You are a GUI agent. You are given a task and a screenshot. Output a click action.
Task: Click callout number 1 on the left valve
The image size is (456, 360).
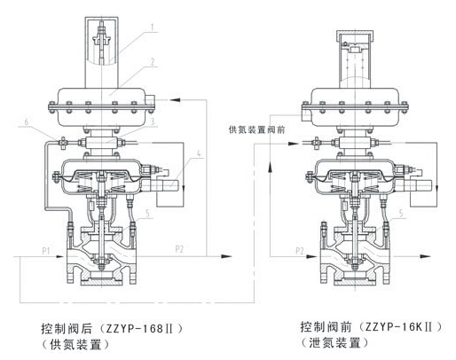(153, 27)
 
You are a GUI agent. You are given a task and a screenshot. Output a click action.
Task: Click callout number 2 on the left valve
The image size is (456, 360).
(153, 62)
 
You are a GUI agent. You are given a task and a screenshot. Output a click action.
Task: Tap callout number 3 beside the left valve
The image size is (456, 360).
(153, 121)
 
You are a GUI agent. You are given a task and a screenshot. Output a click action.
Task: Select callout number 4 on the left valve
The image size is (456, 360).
(199, 153)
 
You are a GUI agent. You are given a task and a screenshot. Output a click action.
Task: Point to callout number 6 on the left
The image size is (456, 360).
(27, 121)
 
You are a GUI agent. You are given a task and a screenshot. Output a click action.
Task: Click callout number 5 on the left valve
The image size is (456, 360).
(148, 213)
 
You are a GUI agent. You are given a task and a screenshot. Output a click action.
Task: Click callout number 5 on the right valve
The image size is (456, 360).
(401, 213)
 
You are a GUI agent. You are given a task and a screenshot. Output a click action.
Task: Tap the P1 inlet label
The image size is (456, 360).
(45, 251)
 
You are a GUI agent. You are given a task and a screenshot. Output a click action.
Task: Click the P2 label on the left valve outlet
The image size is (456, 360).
(179, 249)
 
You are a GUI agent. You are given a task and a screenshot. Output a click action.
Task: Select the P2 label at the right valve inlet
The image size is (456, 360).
(300, 251)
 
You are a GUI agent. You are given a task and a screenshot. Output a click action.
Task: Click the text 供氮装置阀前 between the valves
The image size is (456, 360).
(256, 129)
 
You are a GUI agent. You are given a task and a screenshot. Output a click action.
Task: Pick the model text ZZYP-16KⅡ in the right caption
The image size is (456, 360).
(399, 327)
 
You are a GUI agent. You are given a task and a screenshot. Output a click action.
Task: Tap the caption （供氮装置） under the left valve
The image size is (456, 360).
(75, 345)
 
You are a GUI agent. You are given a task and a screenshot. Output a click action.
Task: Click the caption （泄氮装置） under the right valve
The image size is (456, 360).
(334, 343)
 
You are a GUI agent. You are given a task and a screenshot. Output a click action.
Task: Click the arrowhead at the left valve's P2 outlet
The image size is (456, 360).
(226, 256)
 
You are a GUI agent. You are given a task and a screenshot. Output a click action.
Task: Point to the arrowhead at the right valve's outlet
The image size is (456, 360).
(425, 256)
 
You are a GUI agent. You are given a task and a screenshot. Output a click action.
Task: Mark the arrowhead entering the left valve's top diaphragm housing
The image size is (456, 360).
(175, 99)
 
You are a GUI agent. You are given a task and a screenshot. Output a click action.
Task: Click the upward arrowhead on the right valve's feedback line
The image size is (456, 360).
(270, 167)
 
